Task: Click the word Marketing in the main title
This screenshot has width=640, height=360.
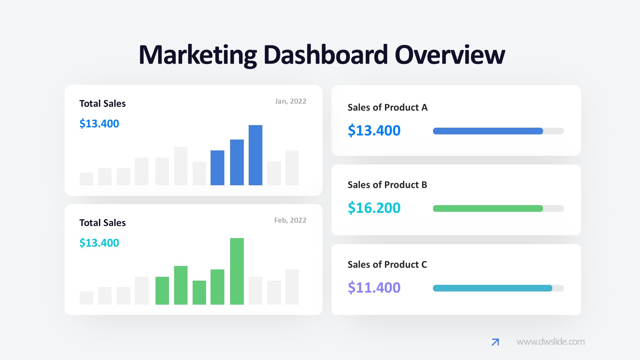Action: pos(197,55)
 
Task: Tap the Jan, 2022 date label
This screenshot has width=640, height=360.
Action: pos(291,101)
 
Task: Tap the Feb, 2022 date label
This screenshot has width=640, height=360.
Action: pos(290,220)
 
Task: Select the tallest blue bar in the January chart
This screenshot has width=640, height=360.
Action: pos(255,155)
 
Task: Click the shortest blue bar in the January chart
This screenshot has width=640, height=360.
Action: pos(217,168)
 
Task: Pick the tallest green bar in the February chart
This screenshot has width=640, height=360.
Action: pos(237,271)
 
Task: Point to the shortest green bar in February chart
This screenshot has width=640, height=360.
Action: pos(199,292)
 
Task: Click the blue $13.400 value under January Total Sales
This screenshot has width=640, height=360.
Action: pos(99,124)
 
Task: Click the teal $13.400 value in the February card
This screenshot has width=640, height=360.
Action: pos(99,243)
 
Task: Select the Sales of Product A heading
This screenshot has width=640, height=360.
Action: pos(388,108)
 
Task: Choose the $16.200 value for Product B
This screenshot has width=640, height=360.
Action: pos(374,208)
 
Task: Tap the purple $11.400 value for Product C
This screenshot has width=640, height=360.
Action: pos(374,288)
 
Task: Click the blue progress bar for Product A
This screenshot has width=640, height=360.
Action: pos(488,131)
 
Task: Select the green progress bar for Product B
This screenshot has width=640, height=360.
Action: pos(488,209)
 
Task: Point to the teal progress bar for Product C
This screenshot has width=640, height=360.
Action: pos(492,288)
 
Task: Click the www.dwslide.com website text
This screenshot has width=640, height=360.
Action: pos(550,342)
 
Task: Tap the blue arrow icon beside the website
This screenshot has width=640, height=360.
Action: pos(495,342)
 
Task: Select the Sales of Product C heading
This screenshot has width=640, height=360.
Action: pos(387,265)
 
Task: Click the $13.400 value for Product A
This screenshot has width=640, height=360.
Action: pos(374,131)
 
